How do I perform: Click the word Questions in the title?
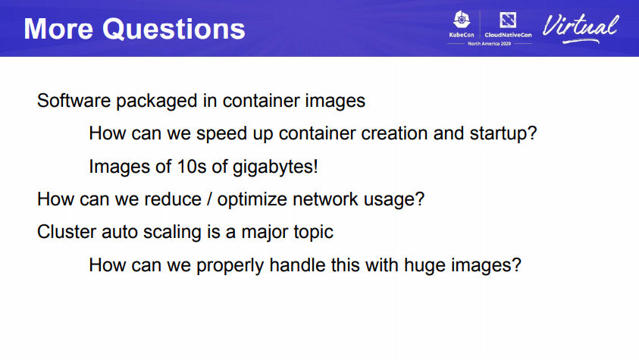click(x=174, y=30)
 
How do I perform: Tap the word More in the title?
click(x=58, y=29)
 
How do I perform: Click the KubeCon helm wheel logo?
click(x=462, y=20)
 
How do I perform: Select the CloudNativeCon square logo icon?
click(x=508, y=20)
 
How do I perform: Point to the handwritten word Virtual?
click(x=581, y=28)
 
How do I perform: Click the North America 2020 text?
click(x=489, y=43)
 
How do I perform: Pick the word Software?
click(x=74, y=101)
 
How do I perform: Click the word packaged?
click(x=156, y=102)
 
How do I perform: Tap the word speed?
click(x=221, y=134)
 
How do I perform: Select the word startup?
click(x=503, y=134)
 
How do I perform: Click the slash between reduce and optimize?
click(x=209, y=199)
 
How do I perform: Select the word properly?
click(x=230, y=266)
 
